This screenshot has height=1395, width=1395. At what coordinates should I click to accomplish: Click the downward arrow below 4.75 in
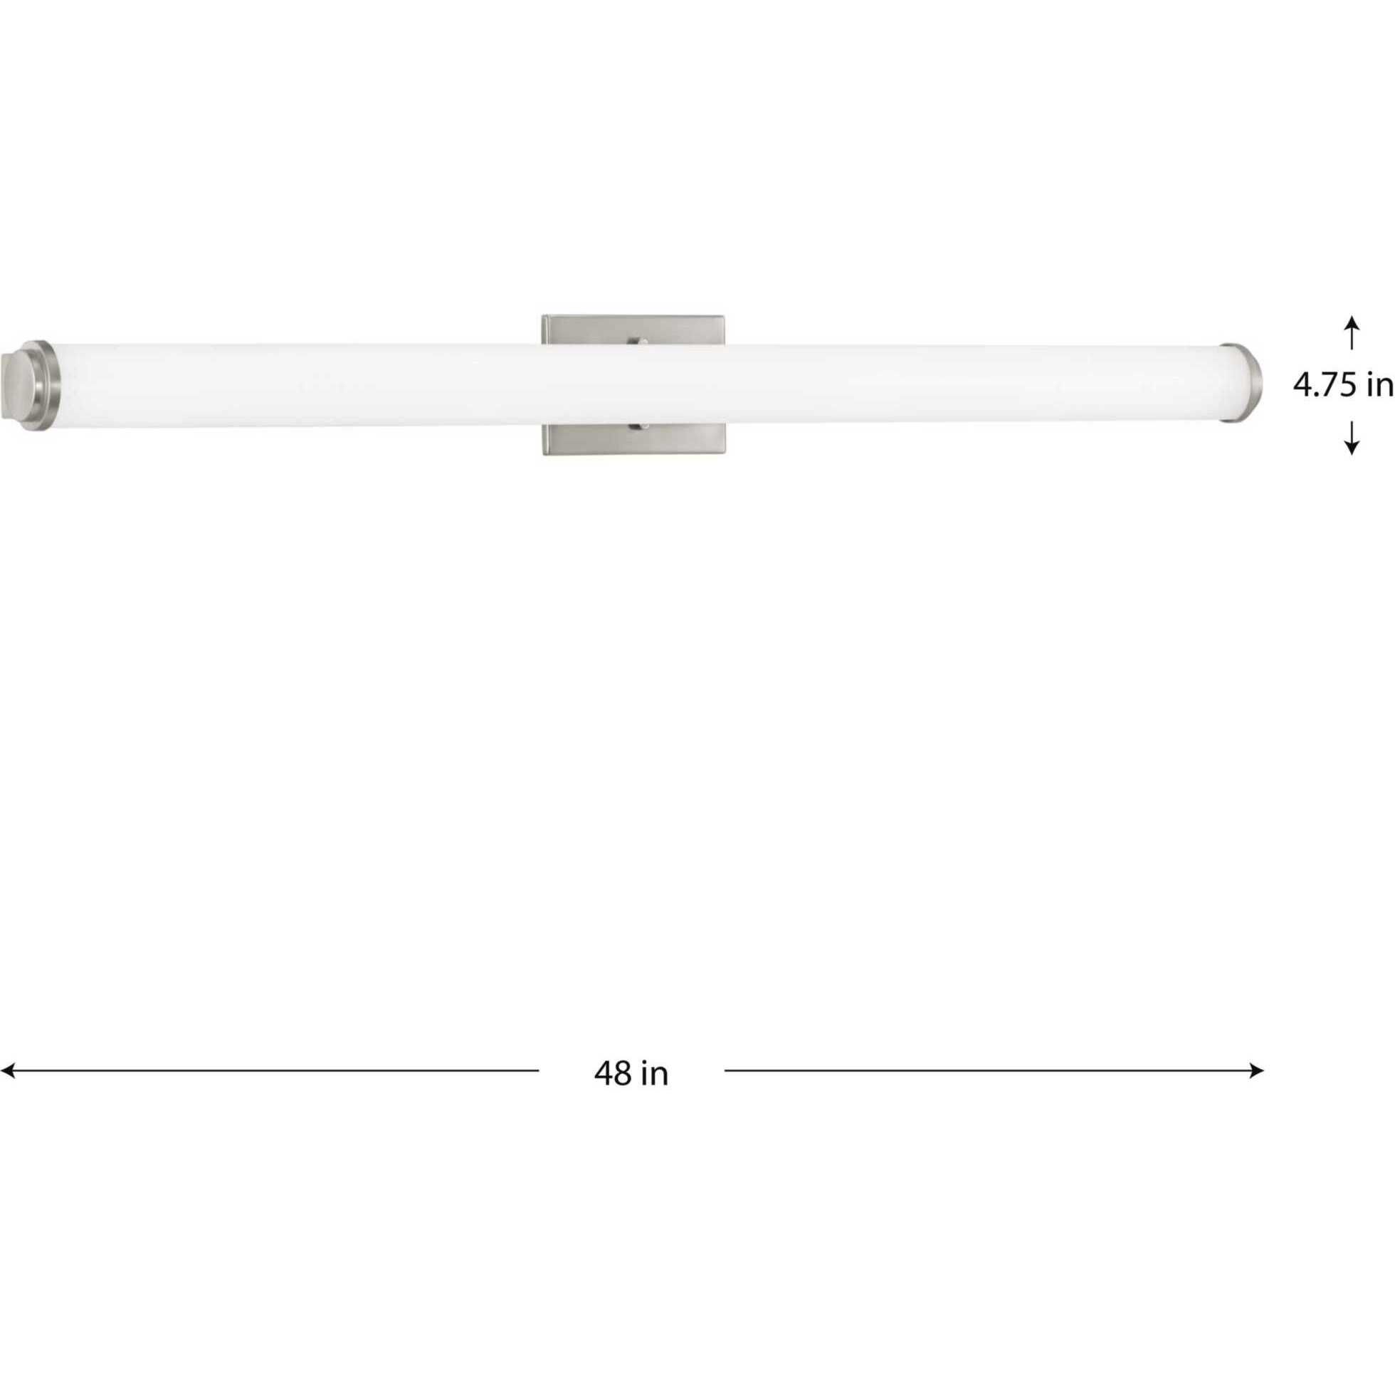tap(1352, 438)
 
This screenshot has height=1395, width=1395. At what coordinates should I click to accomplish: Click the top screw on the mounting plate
tap(637, 341)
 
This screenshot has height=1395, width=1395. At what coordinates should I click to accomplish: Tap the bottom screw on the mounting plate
tap(637, 428)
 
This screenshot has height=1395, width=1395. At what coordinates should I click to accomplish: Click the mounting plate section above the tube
tap(592, 331)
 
